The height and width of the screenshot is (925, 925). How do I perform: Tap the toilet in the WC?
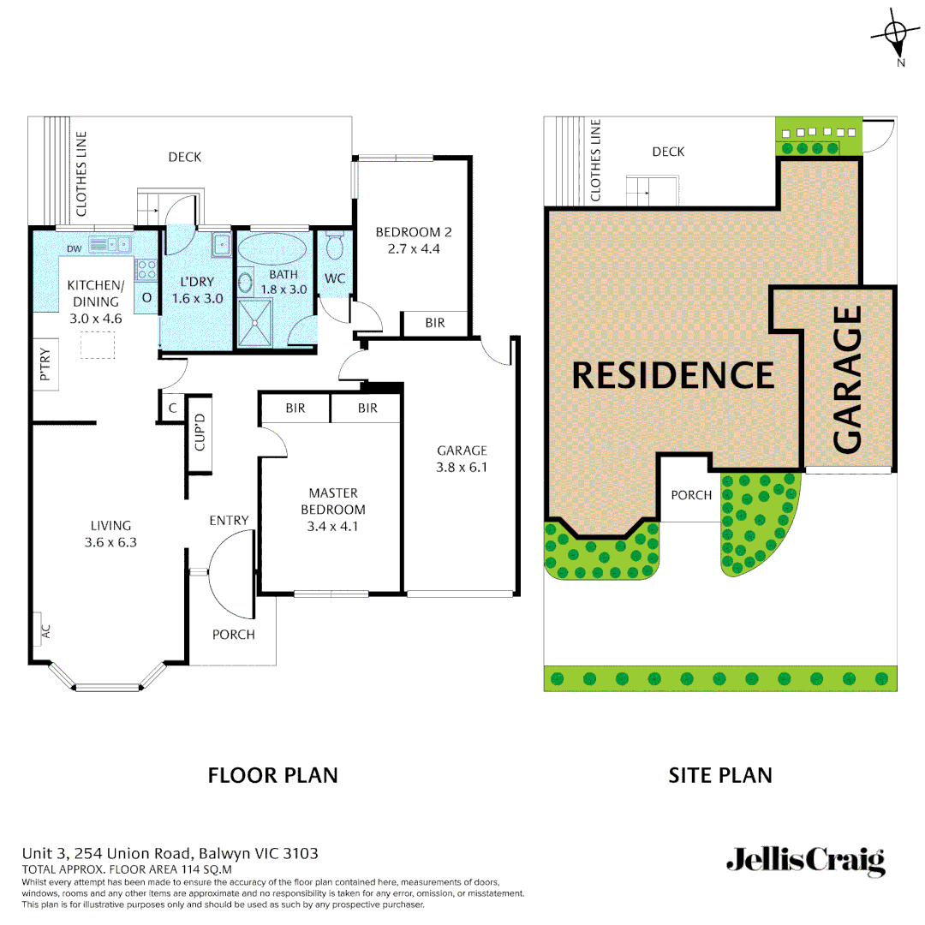pyautogui.click(x=335, y=246)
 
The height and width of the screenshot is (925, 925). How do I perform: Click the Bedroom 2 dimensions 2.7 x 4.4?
pyautogui.click(x=414, y=249)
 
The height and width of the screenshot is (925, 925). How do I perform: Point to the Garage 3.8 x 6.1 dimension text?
pyautogui.click(x=462, y=468)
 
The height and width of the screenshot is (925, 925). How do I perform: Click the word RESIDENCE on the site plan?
pyautogui.click(x=672, y=375)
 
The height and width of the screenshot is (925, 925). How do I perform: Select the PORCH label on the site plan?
pyautogui.click(x=691, y=495)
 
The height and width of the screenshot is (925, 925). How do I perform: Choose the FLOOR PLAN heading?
pyautogui.click(x=273, y=775)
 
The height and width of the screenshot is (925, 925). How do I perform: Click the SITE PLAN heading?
pyautogui.click(x=719, y=775)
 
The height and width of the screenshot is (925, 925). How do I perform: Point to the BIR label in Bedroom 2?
pyautogui.click(x=435, y=323)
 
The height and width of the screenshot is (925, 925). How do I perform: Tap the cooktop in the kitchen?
pyautogui.click(x=146, y=270)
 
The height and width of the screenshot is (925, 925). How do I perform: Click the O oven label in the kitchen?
pyautogui.click(x=146, y=297)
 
